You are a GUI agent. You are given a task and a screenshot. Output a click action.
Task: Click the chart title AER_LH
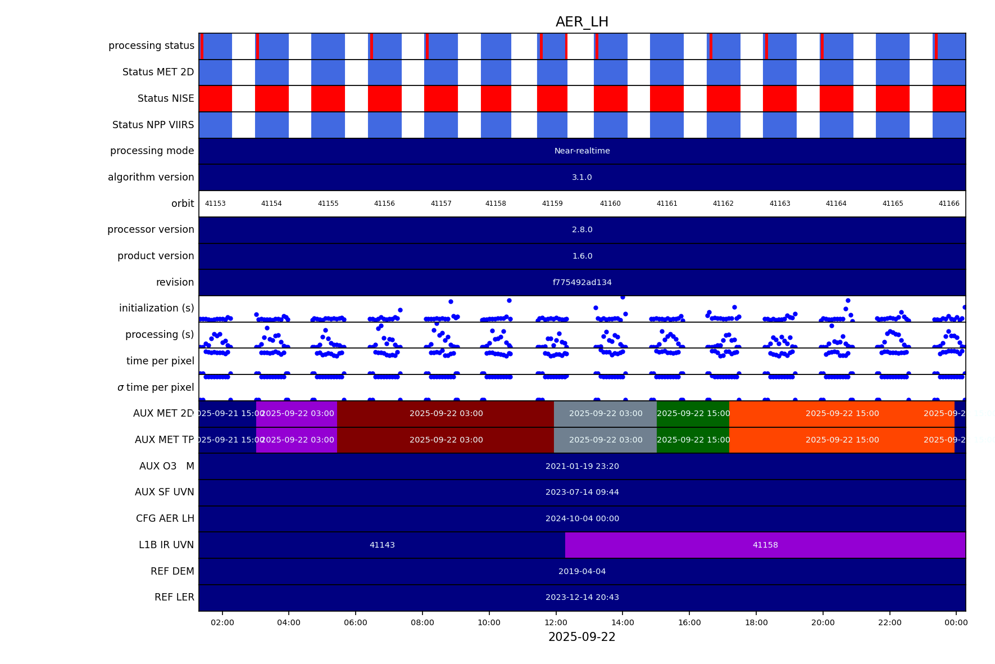pyautogui.click(x=581, y=22)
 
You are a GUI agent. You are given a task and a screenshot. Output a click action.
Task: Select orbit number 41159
pyautogui.click(x=552, y=204)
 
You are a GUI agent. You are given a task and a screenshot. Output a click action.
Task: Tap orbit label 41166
pyautogui.click(x=948, y=204)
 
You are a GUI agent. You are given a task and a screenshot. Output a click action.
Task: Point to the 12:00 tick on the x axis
pyautogui.click(x=556, y=622)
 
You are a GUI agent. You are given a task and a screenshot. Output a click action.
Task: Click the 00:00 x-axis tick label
pyautogui.click(x=956, y=622)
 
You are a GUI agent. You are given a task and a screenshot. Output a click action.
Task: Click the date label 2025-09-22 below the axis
pyautogui.click(x=581, y=637)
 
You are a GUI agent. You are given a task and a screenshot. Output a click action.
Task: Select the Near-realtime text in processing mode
pyautogui.click(x=581, y=151)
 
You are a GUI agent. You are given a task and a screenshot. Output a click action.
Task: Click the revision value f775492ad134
pyautogui.click(x=581, y=282)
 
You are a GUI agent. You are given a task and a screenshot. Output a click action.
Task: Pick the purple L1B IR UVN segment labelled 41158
pyautogui.click(x=765, y=545)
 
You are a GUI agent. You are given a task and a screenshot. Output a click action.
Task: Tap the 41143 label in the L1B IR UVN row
pyautogui.click(x=382, y=545)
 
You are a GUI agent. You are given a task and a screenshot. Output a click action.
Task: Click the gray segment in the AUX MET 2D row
pyautogui.click(x=605, y=414)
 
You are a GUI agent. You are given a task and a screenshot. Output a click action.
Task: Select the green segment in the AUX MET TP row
pyautogui.click(x=693, y=440)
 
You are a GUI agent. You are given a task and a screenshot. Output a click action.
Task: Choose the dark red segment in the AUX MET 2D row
pyautogui.click(x=446, y=414)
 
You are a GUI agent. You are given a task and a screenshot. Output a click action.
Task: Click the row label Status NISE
pyautogui.click(x=166, y=98)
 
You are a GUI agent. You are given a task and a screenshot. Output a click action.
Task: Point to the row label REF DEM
pyautogui.click(x=172, y=571)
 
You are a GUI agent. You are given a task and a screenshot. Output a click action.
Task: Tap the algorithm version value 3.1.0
pyautogui.click(x=581, y=177)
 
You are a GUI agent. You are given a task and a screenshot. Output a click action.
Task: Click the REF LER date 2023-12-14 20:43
pyautogui.click(x=581, y=597)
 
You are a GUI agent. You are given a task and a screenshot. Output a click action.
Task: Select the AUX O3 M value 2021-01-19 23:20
pyautogui.click(x=581, y=466)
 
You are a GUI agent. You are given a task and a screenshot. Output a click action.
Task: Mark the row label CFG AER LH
pyautogui.click(x=165, y=518)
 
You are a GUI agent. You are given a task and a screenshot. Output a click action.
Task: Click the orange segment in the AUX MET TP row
pyautogui.click(x=842, y=440)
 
